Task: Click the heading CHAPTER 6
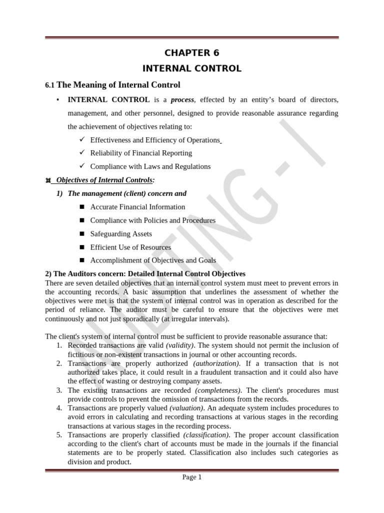pos(192,53)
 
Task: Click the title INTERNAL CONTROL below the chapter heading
pos(192,69)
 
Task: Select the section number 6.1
pos(50,85)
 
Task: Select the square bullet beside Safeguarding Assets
pos(82,234)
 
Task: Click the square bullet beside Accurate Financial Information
pos(82,207)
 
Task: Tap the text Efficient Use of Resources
pos(130,247)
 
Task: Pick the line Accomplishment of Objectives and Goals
pos(153,261)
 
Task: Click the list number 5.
pos(59,435)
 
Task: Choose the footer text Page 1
pos(192,477)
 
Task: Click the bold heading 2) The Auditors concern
pos(145,274)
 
